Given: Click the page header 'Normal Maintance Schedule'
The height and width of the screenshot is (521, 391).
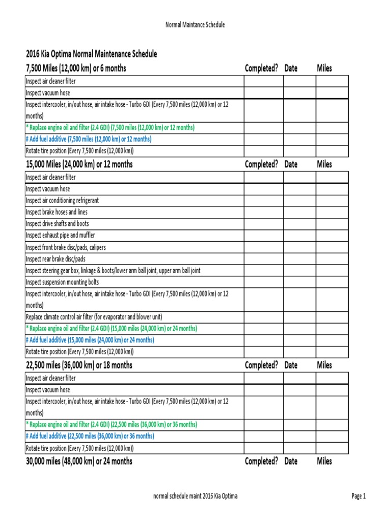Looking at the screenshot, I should click(x=195, y=24).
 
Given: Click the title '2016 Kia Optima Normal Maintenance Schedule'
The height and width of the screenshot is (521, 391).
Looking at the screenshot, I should click(x=91, y=54).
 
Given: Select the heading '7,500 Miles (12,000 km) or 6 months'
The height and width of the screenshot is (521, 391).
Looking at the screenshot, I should click(x=76, y=68).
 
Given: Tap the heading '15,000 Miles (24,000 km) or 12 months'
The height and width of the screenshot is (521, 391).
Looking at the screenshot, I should click(x=79, y=164).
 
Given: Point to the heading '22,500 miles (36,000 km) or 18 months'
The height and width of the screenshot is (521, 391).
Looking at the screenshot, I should click(x=79, y=365).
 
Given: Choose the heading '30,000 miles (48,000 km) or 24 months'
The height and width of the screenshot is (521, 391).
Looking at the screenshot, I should click(x=79, y=461).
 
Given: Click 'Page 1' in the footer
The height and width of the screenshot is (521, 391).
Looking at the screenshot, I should click(x=358, y=497).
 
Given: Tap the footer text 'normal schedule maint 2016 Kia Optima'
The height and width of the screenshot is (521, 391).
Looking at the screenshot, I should click(x=195, y=497).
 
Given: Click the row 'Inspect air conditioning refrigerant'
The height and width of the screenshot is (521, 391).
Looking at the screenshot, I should click(x=62, y=200).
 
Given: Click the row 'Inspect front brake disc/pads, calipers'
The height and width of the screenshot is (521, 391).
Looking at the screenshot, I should click(x=66, y=247).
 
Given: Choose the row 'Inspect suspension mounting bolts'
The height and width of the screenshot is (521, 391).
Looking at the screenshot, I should click(x=62, y=282).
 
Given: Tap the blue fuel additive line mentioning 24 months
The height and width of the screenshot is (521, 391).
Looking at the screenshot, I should click(x=90, y=340).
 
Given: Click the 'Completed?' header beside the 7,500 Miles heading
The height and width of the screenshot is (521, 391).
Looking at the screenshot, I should click(x=261, y=68).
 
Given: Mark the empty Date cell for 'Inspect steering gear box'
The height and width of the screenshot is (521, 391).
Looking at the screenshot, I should click(x=299, y=271).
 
